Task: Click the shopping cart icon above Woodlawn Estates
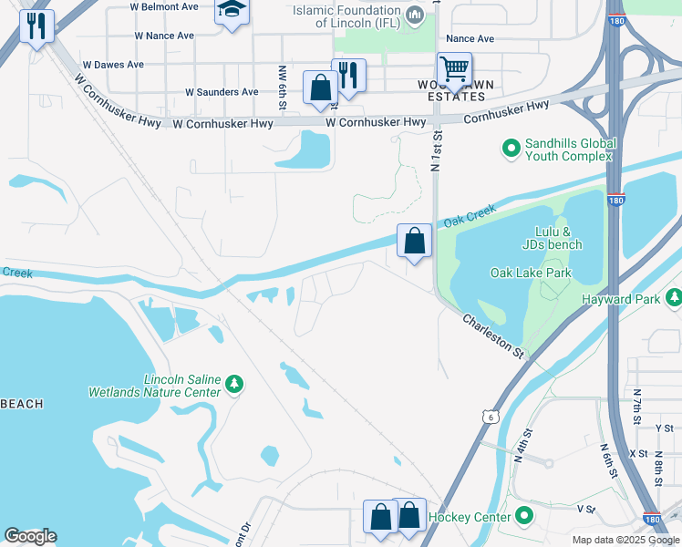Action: (453, 68)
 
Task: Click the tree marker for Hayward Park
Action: (674, 297)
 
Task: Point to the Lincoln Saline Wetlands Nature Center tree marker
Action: (234, 384)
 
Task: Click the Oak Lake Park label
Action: (530, 273)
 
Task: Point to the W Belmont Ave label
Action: (164, 7)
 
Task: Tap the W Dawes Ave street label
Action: (113, 66)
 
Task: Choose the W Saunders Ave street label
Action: (222, 92)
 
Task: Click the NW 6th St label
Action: (283, 88)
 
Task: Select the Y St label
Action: (663, 428)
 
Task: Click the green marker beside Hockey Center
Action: (523, 517)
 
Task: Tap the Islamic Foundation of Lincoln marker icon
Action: (415, 15)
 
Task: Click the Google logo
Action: (30, 536)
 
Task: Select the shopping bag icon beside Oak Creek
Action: (414, 242)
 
